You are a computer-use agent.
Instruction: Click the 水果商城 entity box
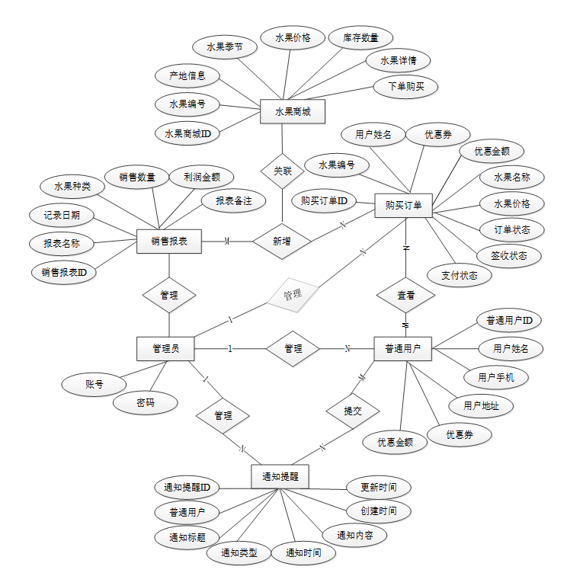293,111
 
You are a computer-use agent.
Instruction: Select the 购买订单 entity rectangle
404,205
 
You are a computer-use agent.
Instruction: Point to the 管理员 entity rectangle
165,348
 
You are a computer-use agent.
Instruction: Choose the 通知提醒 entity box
280,476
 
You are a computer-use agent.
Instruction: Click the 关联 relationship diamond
282,171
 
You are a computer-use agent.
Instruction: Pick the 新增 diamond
281,242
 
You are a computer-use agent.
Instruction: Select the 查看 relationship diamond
406,295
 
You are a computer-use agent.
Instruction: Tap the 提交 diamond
352,411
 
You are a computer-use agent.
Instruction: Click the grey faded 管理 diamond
292,294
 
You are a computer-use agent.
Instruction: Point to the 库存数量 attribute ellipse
356,37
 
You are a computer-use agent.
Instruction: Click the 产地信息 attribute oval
187,76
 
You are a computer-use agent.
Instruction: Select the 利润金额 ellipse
202,178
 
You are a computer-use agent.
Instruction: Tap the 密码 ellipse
145,402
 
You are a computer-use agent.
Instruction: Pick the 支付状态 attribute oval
459,275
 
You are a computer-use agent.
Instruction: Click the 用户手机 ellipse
496,376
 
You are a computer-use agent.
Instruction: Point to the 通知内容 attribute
354,535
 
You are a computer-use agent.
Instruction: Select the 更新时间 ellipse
378,487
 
